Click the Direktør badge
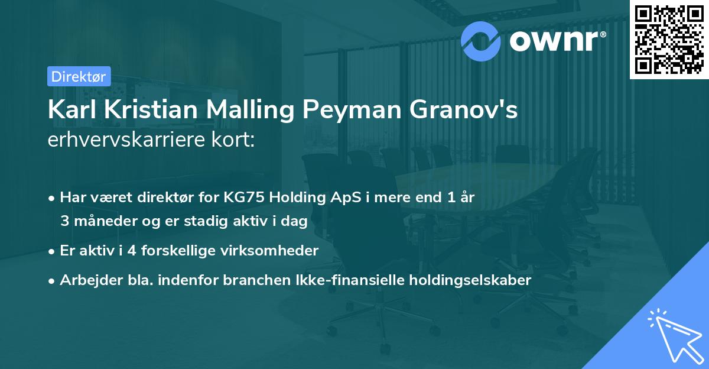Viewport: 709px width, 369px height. pyautogui.click(x=79, y=76)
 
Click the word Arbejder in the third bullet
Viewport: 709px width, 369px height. pyautogui.click(x=85, y=280)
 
